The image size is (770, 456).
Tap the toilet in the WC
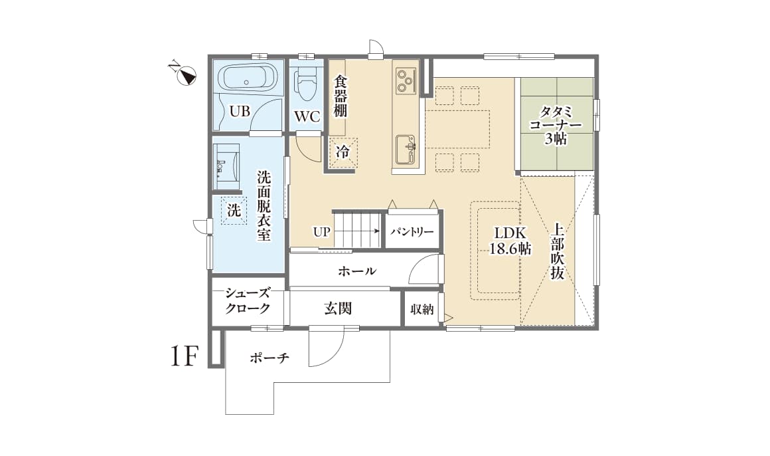pos(307,84)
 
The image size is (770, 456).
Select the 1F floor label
pos(184,357)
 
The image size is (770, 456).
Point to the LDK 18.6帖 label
pos(509,241)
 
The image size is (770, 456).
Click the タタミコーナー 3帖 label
pos(556,124)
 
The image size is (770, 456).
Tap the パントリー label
pos(412,232)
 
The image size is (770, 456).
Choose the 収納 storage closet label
pos(422,309)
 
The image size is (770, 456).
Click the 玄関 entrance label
pos(338,308)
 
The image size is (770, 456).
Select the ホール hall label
pos(357,271)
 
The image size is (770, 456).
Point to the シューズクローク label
pos(247,300)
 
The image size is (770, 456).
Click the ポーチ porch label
pos(269,359)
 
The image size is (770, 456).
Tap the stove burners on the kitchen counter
pos(404,81)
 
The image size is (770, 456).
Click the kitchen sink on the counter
pos(406,149)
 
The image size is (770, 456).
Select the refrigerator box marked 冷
pos(343,152)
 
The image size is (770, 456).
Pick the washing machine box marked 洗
pos(234,211)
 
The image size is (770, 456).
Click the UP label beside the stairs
pos(321,232)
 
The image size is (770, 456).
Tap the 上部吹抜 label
pos(557,251)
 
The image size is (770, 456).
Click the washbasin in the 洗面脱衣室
pos(226,162)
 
